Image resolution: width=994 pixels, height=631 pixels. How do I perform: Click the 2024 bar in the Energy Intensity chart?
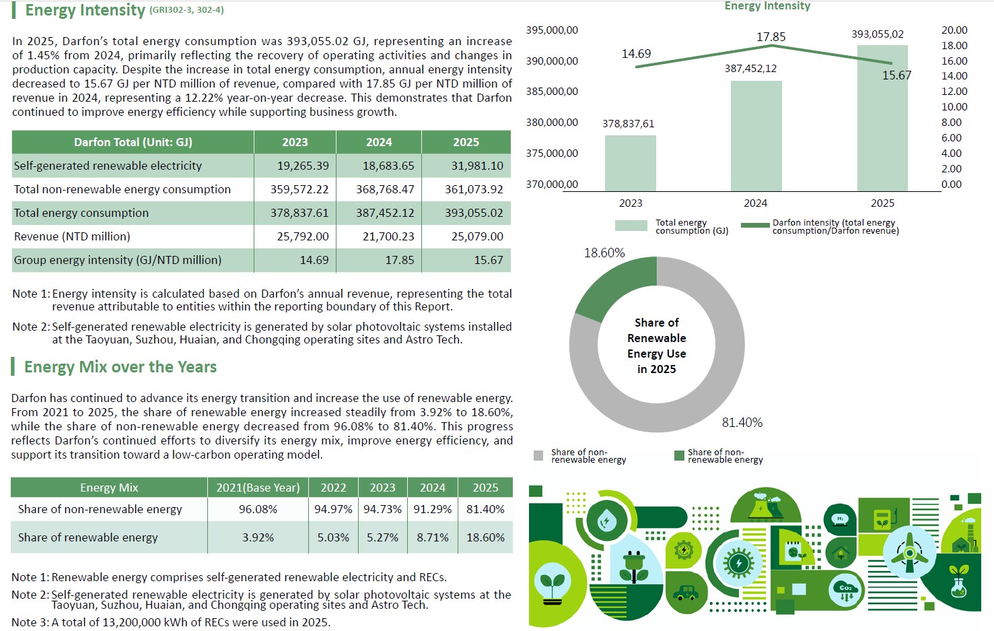click(x=756, y=136)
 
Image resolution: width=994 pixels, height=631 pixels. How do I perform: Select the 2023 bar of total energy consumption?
click(x=630, y=164)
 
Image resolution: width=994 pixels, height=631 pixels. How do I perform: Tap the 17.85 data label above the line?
click(x=771, y=36)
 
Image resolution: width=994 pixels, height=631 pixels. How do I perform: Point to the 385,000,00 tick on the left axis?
click(x=552, y=92)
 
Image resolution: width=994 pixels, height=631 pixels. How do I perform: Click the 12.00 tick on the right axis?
click(x=954, y=91)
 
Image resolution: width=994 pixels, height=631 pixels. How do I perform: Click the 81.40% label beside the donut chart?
click(x=742, y=422)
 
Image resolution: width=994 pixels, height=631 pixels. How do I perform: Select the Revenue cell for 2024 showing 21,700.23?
click(x=388, y=236)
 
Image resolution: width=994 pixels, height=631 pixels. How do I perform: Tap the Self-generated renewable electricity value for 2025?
click(x=477, y=166)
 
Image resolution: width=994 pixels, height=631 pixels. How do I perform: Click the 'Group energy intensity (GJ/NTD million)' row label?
click(x=118, y=260)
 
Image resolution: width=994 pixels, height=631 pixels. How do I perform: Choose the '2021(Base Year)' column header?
click(x=258, y=488)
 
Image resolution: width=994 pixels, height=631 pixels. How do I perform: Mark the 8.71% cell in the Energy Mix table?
click(x=432, y=537)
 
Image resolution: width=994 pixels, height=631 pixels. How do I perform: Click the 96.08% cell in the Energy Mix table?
click(x=258, y=509)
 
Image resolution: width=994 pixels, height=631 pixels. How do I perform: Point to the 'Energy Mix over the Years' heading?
click(x=120, y=367)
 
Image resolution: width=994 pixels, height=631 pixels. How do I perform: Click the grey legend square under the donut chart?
click(x=538, y=456)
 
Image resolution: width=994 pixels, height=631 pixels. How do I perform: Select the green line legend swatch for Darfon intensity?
click(x=755, y=225)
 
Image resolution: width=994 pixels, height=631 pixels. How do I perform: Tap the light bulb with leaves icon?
click(x=553, y=583)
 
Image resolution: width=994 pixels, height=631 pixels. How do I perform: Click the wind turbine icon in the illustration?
click(x=909, y=553)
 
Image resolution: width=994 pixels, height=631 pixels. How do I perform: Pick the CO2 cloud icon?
click(x=846, y=591)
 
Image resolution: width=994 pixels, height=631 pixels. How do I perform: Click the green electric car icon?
click(x=686, y=592)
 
